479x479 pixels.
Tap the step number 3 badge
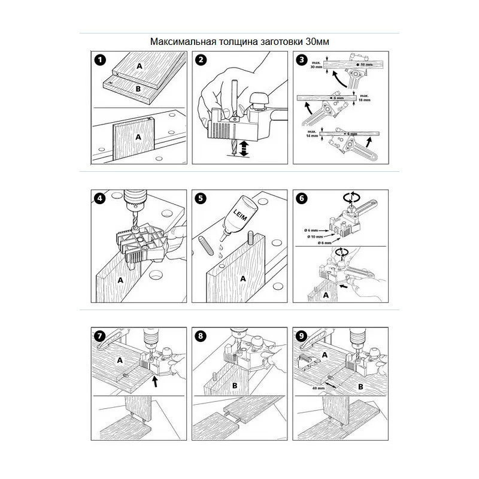tap(302, 60)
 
